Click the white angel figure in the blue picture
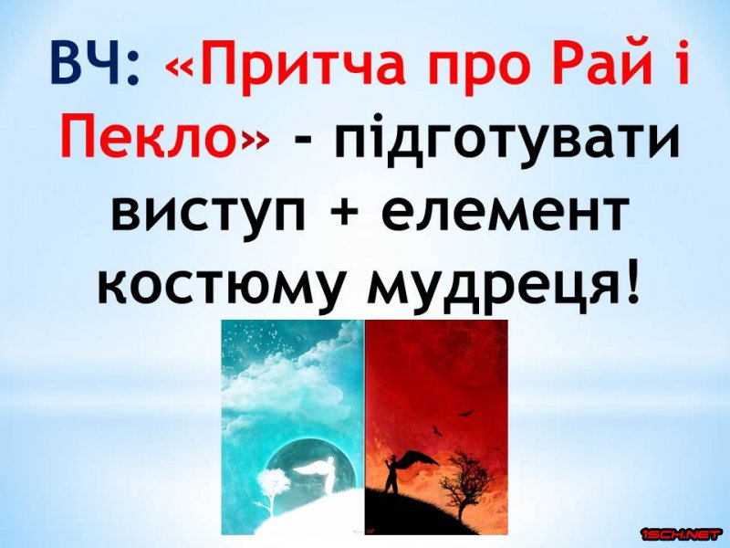tap(322, 474)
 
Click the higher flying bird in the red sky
tap(464, 414)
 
